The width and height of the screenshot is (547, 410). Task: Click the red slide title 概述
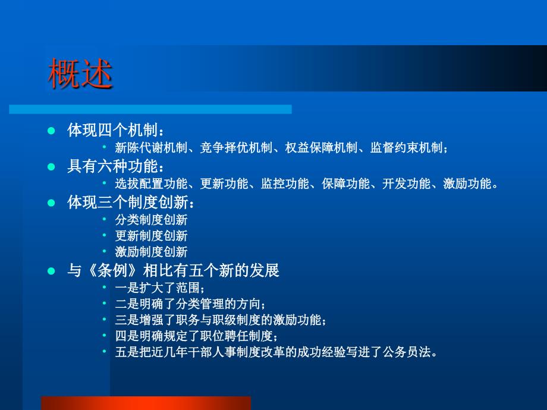click(x=80, y=73)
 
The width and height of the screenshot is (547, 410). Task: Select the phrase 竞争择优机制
click(x=236, y=148)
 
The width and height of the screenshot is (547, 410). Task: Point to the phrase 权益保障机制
click(x=321, y=148)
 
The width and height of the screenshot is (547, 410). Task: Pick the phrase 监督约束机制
click(x=407, y=148)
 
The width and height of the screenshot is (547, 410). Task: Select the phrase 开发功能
click(x=407, y=184)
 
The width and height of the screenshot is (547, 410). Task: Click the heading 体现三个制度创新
click(x=128, y=202)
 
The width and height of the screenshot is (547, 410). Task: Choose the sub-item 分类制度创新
click(x=152, y=220)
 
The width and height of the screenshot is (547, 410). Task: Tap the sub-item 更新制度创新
click(x=152, y=236)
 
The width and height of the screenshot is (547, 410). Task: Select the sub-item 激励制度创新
click(x=152, y=252)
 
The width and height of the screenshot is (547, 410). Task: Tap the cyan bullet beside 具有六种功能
click(x=51, y=166)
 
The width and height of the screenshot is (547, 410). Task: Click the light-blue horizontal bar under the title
click(x=150, y=109)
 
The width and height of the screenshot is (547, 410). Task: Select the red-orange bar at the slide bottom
click(x=146, y=403)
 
